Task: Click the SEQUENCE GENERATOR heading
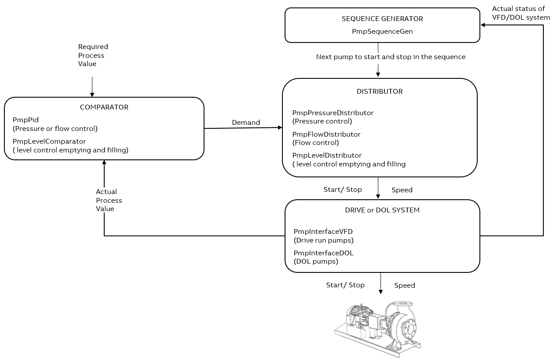click(382, 19)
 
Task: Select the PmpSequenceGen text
click(382, 32)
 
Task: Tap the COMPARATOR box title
click(104, 107)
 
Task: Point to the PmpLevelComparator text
click(49, 141)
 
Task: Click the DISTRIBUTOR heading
click(380, 92)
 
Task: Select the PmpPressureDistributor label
click(333, 113)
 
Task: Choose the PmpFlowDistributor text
click(326, 134)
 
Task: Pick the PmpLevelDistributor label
click(327, 155)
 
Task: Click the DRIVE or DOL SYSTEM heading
click(382, 210)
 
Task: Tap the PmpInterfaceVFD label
click(323, 232)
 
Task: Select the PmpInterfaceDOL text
click(323, 253)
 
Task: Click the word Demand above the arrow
click(246, 123)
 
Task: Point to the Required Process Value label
click(93, 55)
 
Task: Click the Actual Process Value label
click(109, 200)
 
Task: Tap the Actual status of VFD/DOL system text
click(521, 13)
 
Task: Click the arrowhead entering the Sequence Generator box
click(483, 25)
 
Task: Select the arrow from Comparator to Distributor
click(243, 128)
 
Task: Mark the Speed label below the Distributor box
click(402, 190)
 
